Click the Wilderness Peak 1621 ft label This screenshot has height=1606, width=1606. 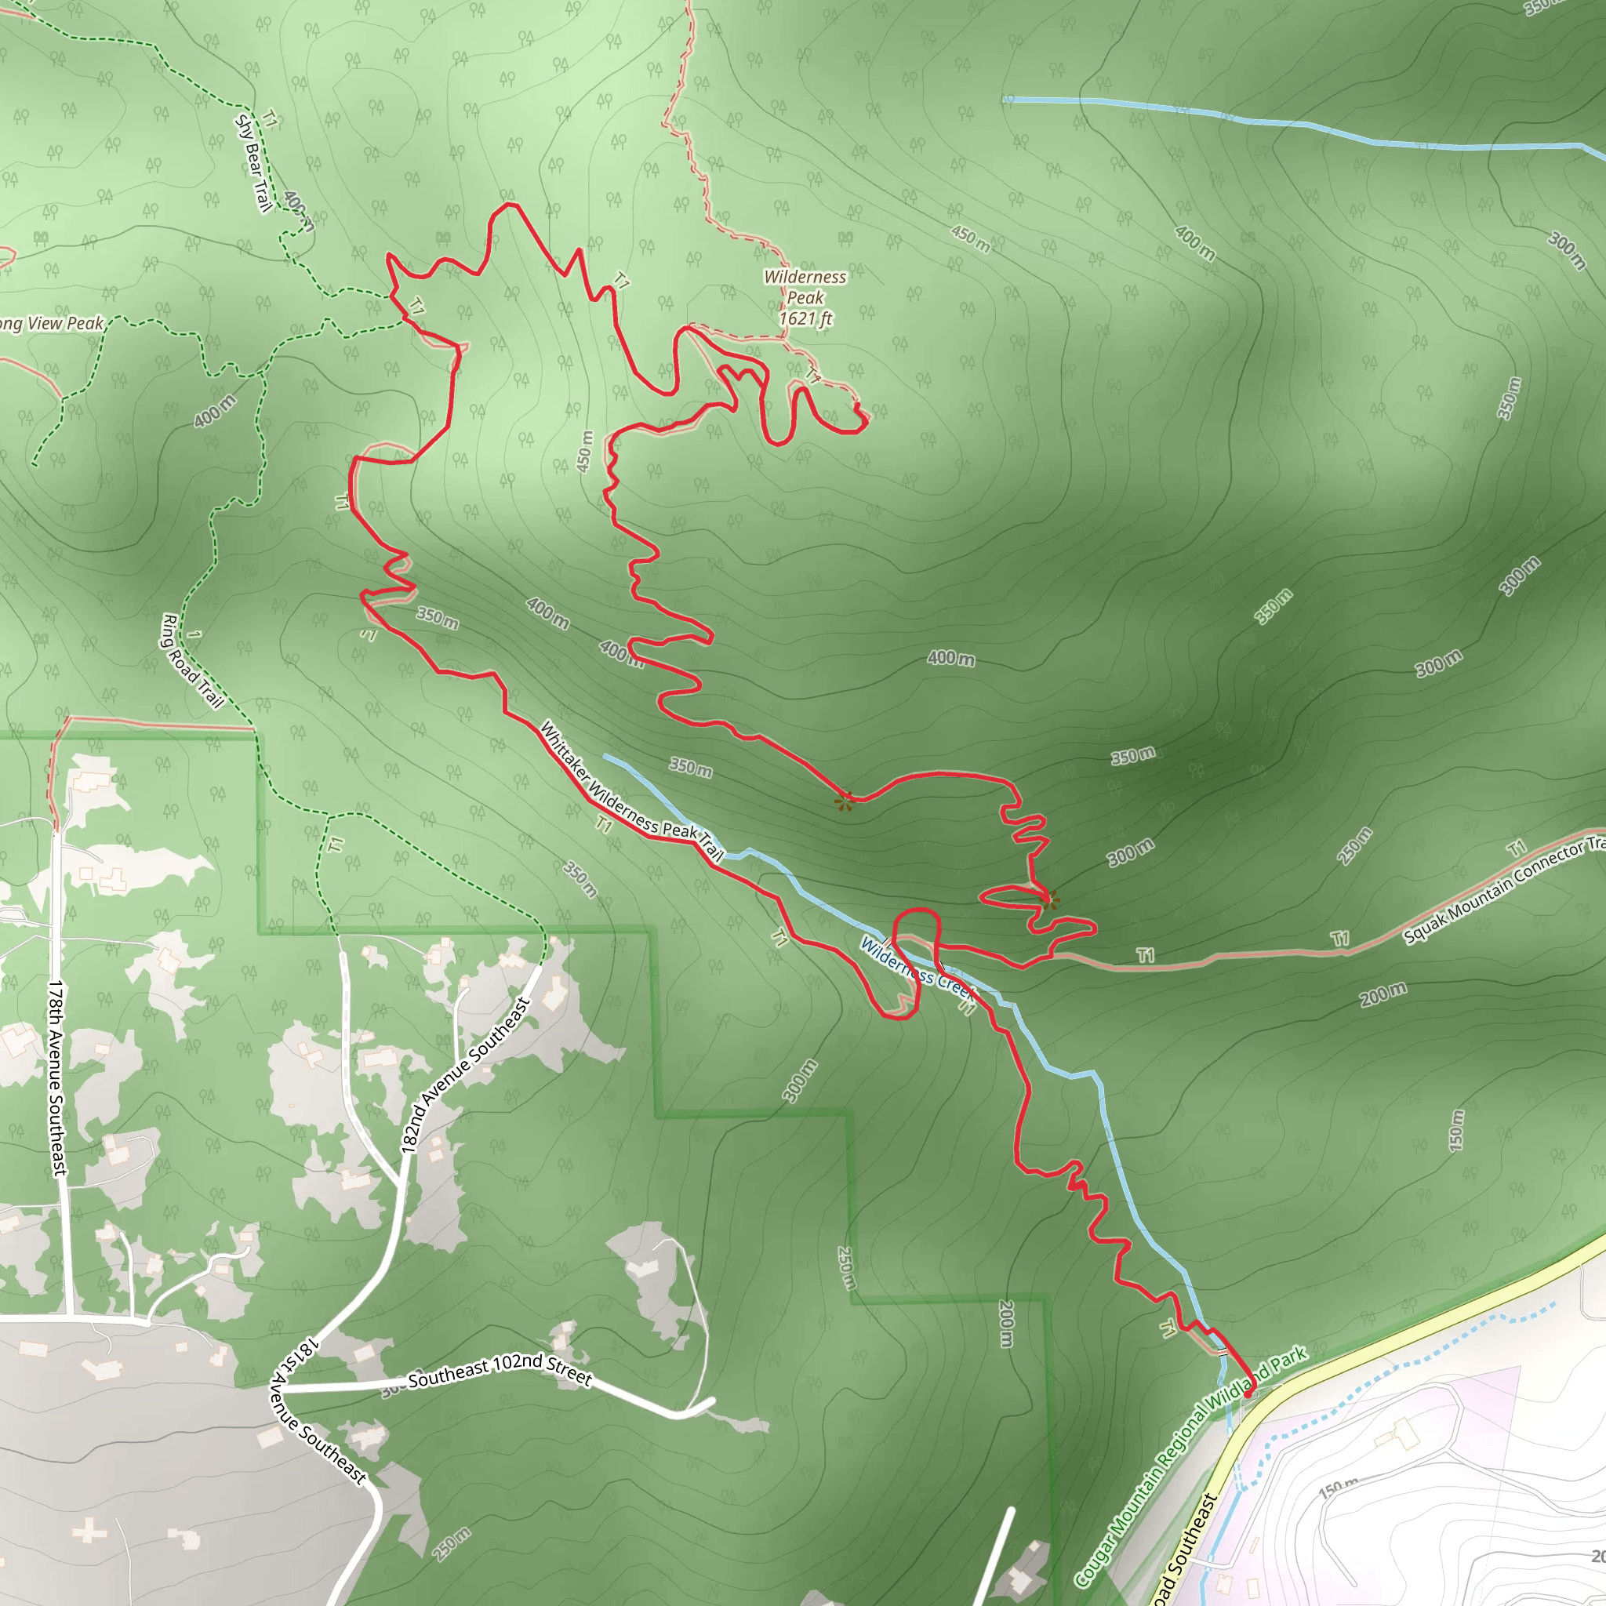pos(805,297)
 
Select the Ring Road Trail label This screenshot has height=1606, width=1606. pos(192,662)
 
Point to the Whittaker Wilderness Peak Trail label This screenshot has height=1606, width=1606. pos(632,790)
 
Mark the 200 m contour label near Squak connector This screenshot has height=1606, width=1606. pos(1383,994)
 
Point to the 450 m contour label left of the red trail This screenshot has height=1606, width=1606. pos(585,451)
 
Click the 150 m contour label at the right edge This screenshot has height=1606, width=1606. pos(1455,1131)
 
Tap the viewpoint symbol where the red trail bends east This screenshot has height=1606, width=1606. pos(845,801)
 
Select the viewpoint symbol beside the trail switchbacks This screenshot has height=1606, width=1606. pos(1048,898)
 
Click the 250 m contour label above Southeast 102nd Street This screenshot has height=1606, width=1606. pos(845,1268)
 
